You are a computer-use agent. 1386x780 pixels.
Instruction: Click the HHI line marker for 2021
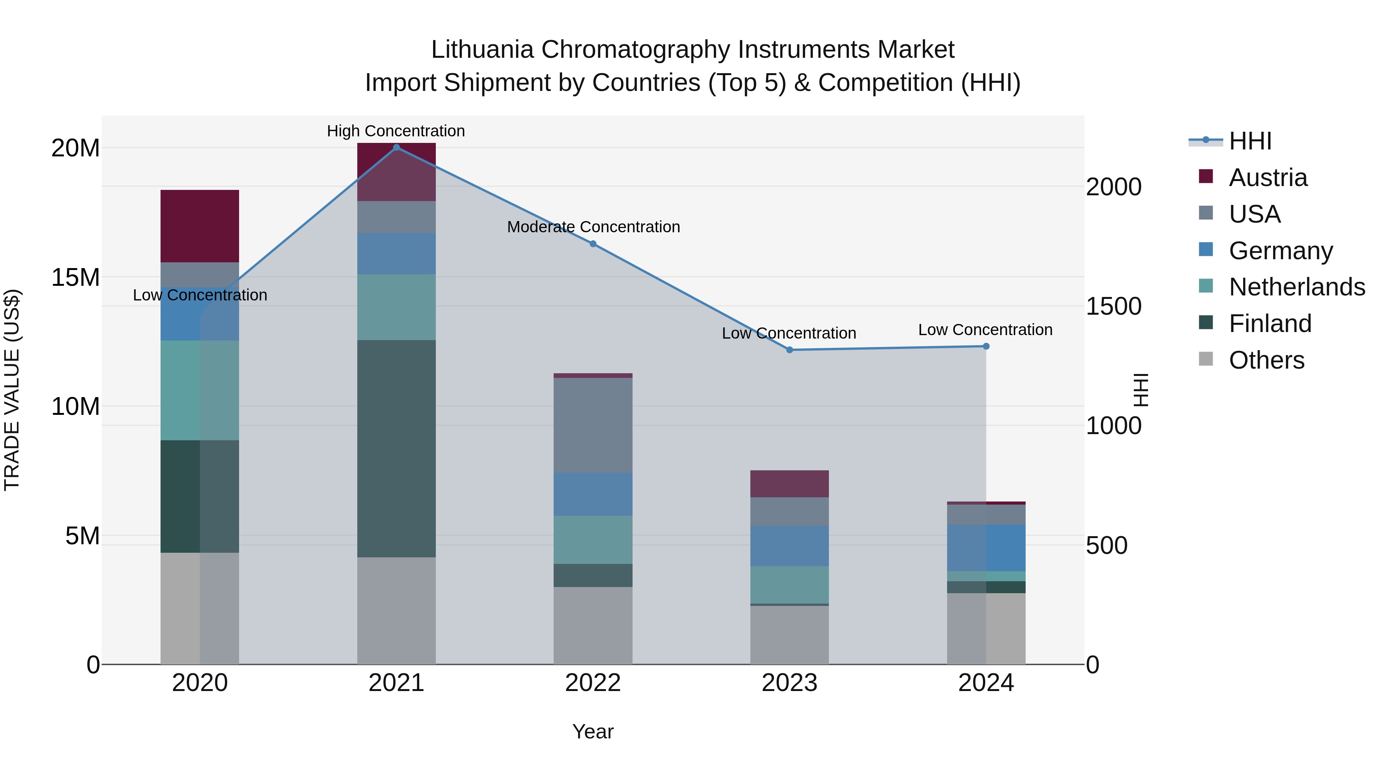point(397,148)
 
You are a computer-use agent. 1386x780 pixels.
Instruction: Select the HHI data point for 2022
point(593,244)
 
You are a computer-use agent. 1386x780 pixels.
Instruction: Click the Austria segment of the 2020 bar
point(199,226)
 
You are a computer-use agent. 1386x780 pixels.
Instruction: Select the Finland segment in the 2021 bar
point(397,448)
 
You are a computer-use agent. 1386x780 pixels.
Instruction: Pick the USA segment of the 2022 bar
point(593,425)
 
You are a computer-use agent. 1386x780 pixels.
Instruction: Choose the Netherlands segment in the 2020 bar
point(199,390)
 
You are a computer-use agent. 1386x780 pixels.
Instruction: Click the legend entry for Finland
point(1270,324)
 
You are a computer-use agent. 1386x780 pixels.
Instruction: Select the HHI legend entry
point(1250,141)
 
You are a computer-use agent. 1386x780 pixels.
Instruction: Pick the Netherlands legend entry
point(1297,287)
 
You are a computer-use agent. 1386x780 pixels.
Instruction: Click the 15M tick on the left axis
point(75,278)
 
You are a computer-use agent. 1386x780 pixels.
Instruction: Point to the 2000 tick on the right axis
point(1113,187)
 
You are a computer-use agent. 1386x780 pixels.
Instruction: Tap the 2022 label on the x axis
point(593,683)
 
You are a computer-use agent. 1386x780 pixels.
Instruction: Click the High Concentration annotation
point(396,131)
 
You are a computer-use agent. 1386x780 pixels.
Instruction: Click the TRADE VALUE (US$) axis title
point(12,390)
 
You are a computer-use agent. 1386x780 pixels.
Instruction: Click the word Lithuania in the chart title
point(482,50)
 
